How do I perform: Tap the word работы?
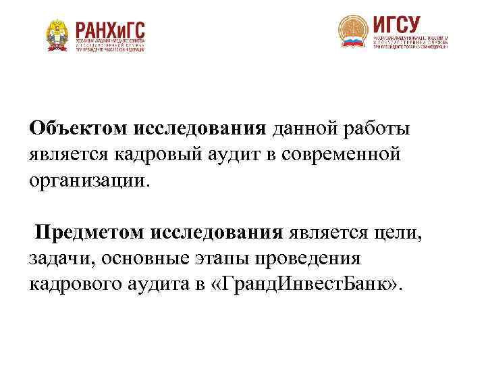(x=375, y=128)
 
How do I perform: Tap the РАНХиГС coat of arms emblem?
(x=58, y=34)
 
